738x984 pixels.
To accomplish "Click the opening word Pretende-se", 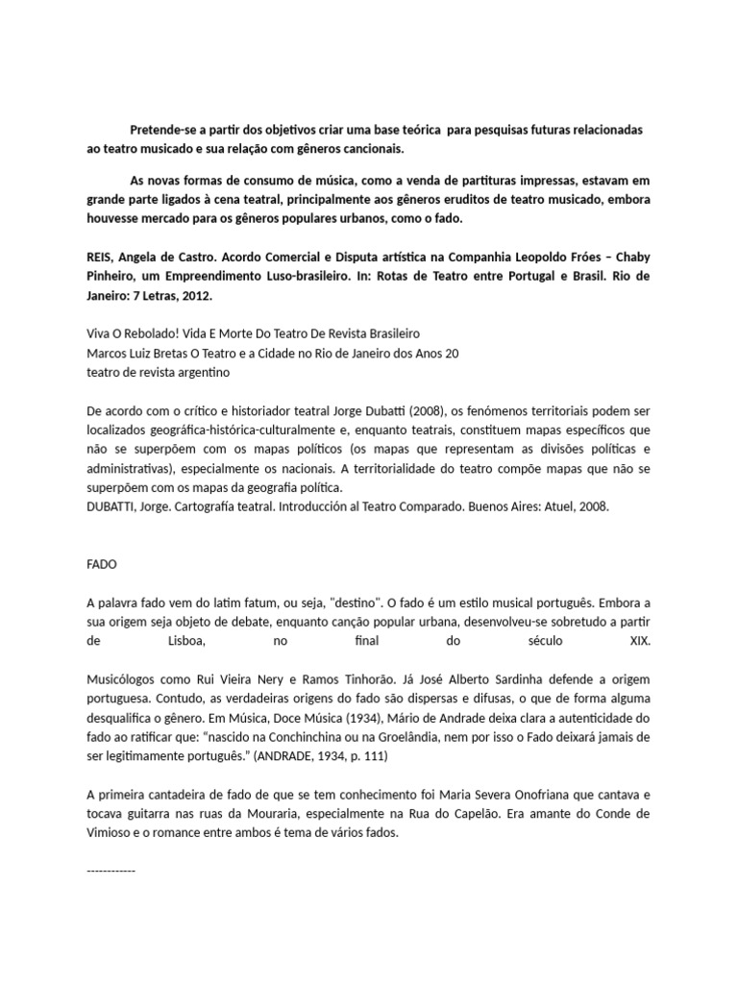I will coord(161,130).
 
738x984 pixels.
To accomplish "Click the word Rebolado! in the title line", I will coord(154,333).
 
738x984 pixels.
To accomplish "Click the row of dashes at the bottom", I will coord(111,870).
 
